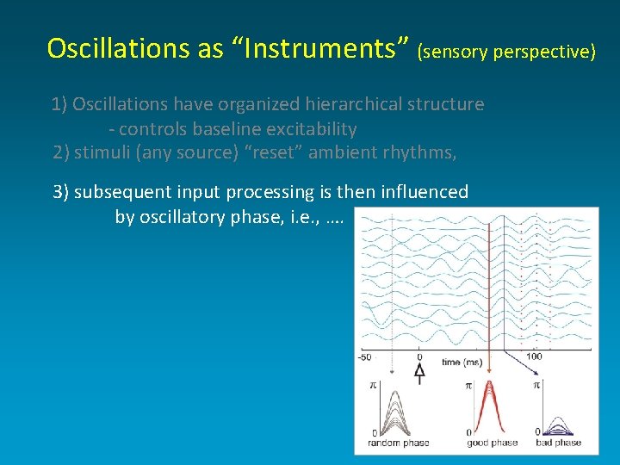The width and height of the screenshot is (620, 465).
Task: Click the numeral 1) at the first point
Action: pos(59,104)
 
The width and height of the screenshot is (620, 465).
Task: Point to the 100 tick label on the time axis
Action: pos(534,357)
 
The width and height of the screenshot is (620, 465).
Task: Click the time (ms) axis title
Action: pos(462,363)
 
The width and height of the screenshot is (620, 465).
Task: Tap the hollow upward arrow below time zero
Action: pos(419,372)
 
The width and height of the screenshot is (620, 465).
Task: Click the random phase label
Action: pos(398,443)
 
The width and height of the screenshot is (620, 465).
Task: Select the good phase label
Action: pos(491,443)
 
